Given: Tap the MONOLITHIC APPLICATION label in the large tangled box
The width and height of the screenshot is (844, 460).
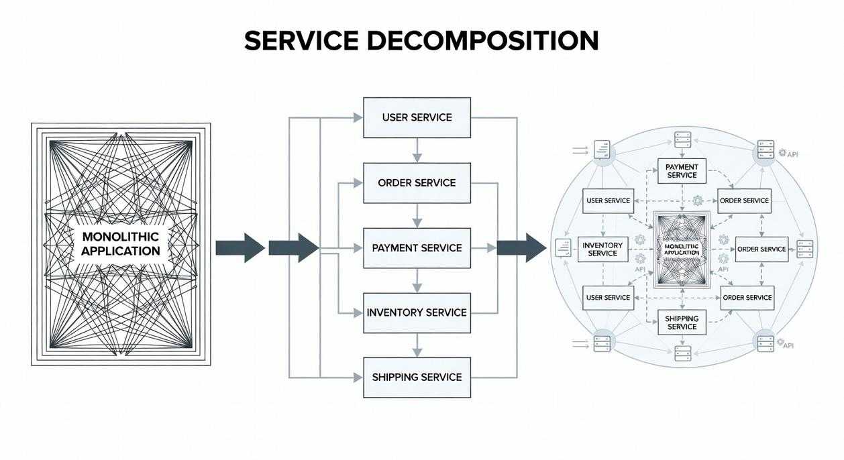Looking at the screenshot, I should [x=121, y=244].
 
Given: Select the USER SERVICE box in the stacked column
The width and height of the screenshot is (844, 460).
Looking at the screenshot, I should [x=417, y=117].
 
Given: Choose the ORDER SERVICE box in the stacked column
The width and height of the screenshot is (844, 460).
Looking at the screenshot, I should [x=417, y=182].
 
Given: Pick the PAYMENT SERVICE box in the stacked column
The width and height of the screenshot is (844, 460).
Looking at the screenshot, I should [x=417, y=247].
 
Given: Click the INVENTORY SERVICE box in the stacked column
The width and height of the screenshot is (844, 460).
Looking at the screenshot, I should [x=417, y=312].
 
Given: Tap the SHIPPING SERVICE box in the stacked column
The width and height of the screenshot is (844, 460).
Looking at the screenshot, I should [x=417, y=377].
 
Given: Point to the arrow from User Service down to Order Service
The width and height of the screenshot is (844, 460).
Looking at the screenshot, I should [x=417, y=150].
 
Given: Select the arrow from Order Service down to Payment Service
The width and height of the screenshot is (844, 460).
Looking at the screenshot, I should [x=417, y=215].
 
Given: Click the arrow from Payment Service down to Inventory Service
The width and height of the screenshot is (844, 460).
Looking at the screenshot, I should [x=417, y=280].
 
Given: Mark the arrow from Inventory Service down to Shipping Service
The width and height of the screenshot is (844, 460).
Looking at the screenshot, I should [x=417, y=345].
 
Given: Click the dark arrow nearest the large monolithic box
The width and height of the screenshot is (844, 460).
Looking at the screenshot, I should [x=240, y=247].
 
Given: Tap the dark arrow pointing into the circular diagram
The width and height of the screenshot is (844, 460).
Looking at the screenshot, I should [x=521, y=247].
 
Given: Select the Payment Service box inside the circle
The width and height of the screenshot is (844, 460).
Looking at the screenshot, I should [x=682, y=171].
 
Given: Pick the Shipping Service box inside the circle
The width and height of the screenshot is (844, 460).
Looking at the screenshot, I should [x=682, y=323].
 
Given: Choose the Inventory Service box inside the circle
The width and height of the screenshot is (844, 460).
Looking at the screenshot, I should [x=602, y=249].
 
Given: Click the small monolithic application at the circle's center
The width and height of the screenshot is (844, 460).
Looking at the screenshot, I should [x=681, y=249].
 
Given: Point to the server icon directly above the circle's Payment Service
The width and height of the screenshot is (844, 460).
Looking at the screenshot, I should [x=682, y=141].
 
